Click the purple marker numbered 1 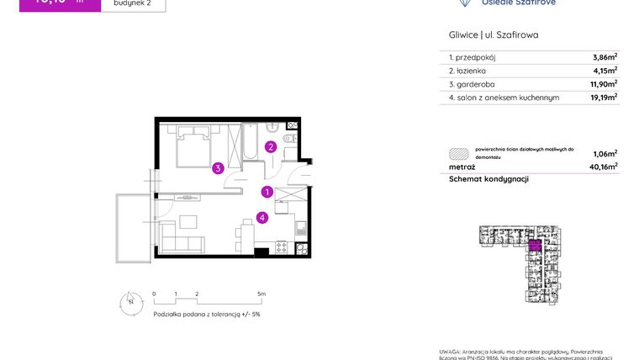coord(267,192)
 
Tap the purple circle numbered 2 coord(271,146)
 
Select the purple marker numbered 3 coord(217,167)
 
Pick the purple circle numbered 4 coord(262,218)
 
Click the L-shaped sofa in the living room coord(181,236)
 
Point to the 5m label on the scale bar coord(261,294)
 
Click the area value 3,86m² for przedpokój coord(605,57)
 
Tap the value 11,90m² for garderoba coord(603,84)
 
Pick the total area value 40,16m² coord(603,167)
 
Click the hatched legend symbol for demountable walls coord(459,153)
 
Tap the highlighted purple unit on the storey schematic coord(534,246)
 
